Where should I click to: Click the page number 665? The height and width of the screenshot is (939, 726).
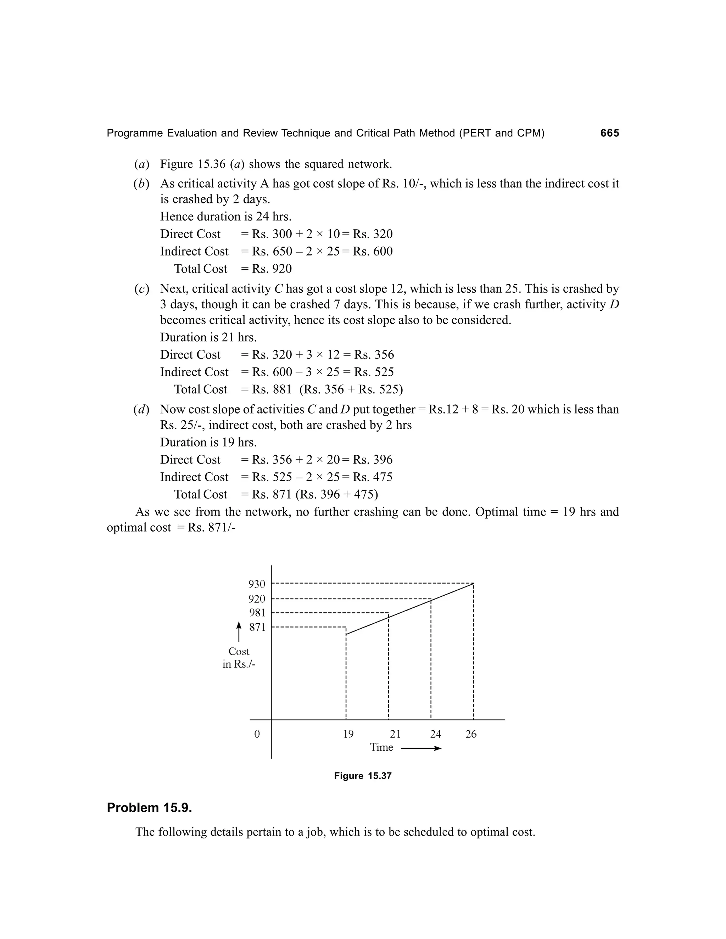(x=609, y=133)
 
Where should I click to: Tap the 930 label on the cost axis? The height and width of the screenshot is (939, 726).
(x=257, y=584)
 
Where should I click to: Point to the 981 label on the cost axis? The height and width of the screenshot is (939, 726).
(x=257, y=613)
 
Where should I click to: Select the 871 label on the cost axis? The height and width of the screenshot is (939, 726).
(x=257, y=627)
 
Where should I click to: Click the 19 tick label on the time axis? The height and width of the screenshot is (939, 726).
(x=348, y=734)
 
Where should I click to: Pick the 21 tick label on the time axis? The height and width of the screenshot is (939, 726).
(x=395, y=734)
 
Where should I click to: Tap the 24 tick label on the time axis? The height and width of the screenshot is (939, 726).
(x=435, y=734)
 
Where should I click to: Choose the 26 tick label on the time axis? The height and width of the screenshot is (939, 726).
(x=471, y=734)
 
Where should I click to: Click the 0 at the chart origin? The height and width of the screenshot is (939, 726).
(x=257, y=734)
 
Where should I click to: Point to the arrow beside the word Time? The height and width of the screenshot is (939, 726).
(x=421, y=748)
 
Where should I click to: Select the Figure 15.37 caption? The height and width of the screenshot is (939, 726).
(x=363, y=776)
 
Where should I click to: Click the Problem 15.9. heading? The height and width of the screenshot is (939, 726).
(x=149, y=808)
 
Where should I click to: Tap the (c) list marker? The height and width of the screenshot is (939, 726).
(x=141, y=289)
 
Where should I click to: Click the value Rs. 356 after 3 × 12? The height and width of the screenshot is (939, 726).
(x=374, y=355)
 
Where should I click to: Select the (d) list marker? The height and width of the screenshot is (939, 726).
(x=141, y=410)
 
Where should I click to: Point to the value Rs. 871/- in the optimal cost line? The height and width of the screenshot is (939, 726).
(x=212, y=528)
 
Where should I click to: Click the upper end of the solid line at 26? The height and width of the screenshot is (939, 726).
(x=473, y=584)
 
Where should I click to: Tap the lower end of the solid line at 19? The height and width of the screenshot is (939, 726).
(x=347, y=634)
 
